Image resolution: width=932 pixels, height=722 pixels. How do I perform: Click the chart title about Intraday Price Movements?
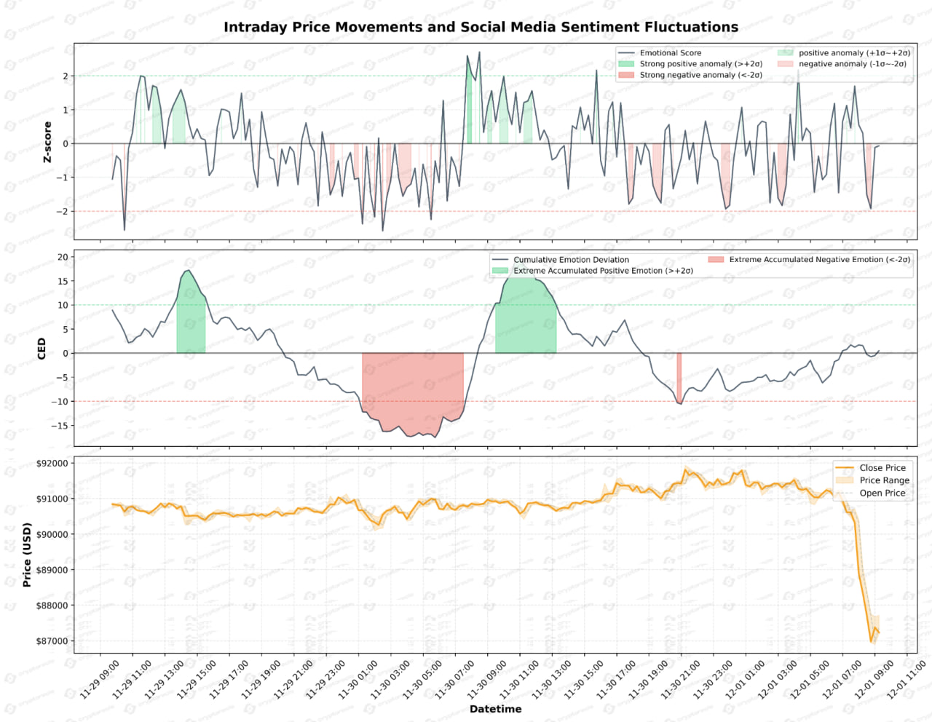[481, 27]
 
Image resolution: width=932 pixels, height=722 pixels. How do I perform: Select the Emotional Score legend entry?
[670, 53]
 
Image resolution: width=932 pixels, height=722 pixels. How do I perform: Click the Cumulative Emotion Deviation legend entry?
[571, 260]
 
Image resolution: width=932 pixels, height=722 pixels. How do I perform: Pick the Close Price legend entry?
[882, 468]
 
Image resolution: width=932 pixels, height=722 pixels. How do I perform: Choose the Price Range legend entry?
[884, 480]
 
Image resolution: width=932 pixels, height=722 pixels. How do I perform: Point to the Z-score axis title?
[47, 142]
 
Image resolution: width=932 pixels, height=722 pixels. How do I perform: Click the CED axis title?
[42, 348]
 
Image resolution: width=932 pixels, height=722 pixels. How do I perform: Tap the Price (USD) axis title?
[27, 555]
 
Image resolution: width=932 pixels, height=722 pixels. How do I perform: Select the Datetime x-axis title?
[495, 709]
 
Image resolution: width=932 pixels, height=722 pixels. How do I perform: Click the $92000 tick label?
[52, 464]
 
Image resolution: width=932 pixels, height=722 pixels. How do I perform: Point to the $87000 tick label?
[52, 641]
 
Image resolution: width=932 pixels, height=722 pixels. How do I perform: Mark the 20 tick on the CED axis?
[63, 257]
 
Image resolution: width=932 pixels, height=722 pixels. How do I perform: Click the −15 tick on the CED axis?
[60, 426]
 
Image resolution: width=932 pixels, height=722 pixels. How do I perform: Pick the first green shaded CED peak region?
[191, 320]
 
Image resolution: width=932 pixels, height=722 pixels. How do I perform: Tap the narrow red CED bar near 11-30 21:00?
[679, 377]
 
